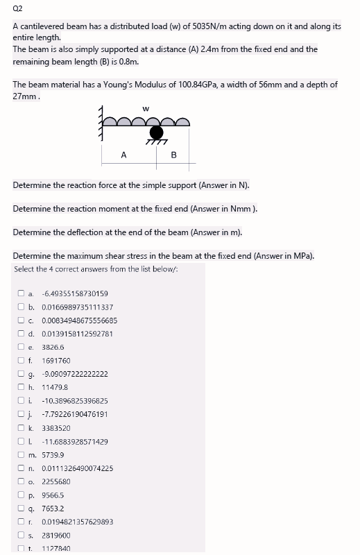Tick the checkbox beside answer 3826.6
pyautogui.click(x=21, y=347)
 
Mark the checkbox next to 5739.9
pyautogui.click(x=21, y=454)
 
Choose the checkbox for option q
pyautogui.click(x=21, y=508)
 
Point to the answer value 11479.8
pyautogui.click(x=54, y=387)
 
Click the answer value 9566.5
pyautogui.click(x=53, y=495)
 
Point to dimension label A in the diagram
pyautogui.click(x=123, y=155)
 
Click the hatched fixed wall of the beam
pyautogui.click(x=105, y=125)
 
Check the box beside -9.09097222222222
pyautogui.click(x=21, y=374)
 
